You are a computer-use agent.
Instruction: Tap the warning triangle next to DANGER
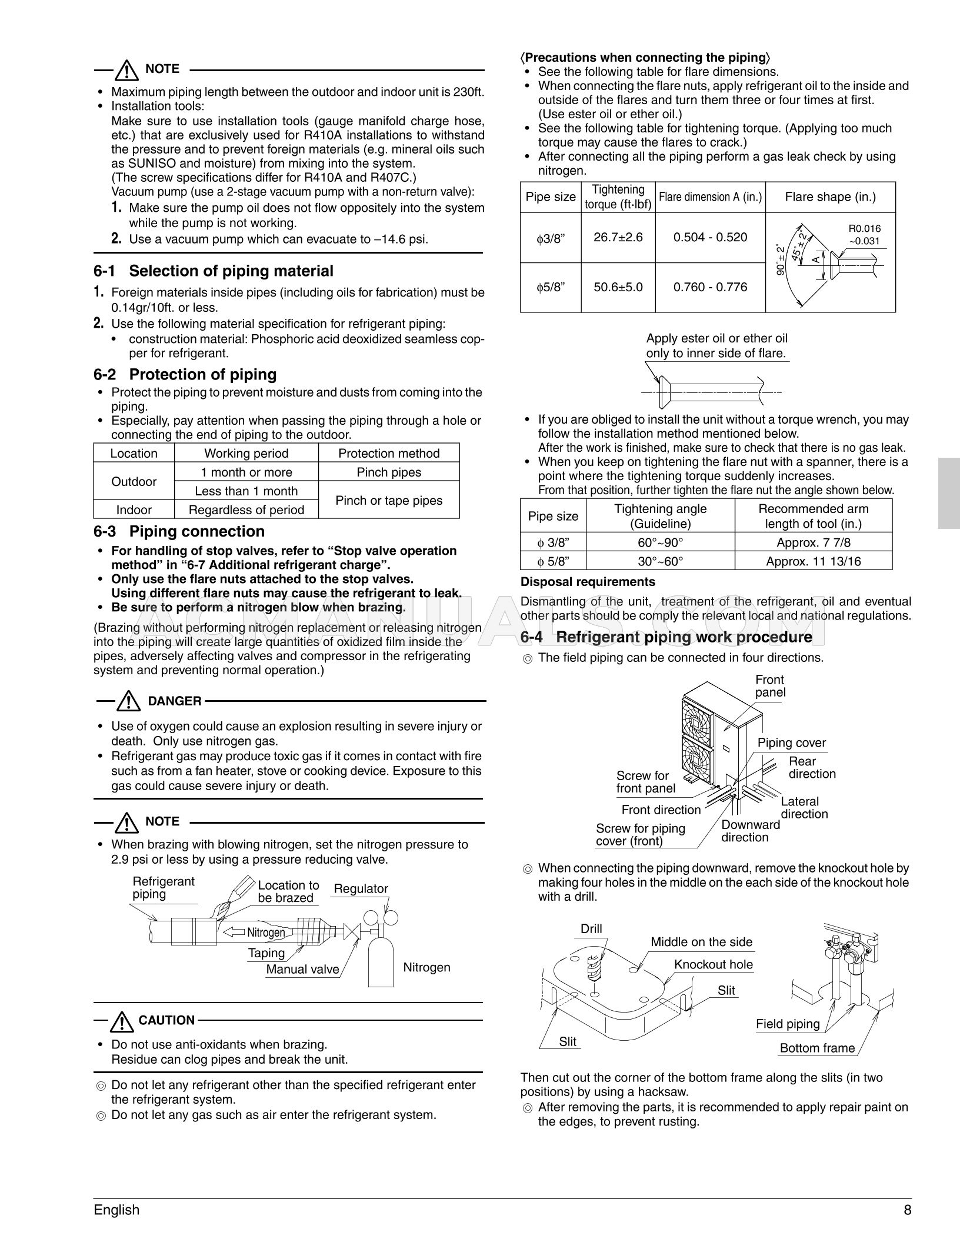[127, 701]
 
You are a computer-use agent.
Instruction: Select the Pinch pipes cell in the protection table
[388, 472]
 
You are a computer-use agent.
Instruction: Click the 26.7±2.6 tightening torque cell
[618, 237]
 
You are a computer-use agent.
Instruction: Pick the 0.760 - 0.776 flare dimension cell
[710, 287]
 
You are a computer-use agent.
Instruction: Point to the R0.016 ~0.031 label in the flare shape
[864, 234]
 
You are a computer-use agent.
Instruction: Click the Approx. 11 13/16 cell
[813, 561]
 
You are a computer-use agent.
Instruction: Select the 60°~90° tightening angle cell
[660, 542]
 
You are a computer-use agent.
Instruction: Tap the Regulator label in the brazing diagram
[361, 889]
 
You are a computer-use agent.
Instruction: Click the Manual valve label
[302, 970]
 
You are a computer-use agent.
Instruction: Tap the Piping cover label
[791, 742]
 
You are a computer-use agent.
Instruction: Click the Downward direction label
[750, 831]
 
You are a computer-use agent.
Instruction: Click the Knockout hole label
[713, 964]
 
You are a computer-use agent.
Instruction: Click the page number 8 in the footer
[907, 1210]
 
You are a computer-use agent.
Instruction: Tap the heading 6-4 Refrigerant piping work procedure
[666, 637]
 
